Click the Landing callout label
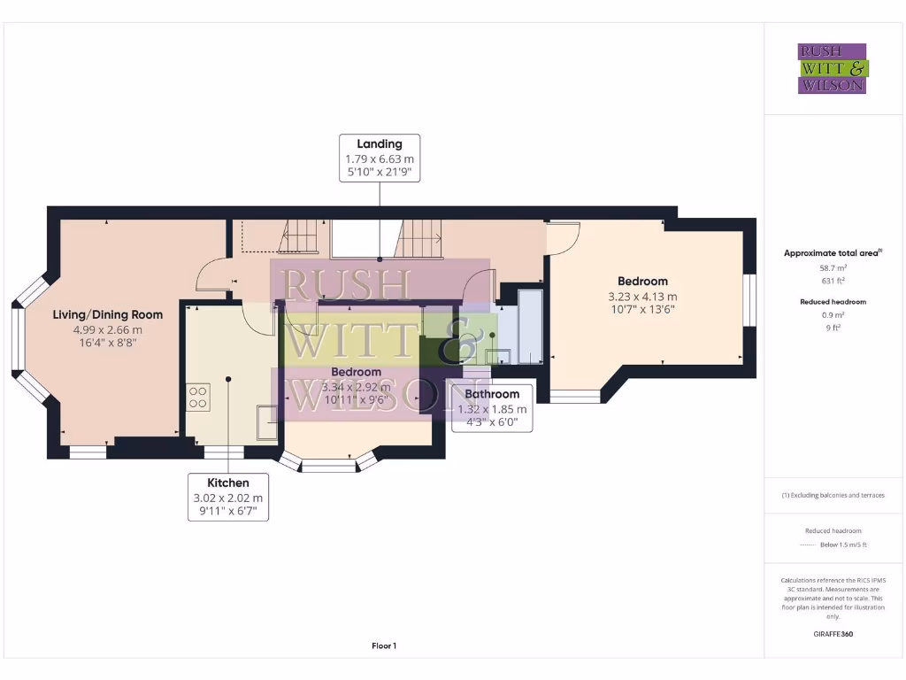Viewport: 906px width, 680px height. click(x=380, y=158)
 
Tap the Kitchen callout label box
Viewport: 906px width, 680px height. click(x=227, y=497)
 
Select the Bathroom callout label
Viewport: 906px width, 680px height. click(x=492, y=408)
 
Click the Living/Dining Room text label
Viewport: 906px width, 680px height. click(x=108, y=314)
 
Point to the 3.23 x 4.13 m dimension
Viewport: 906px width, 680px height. click(x=642, y=297)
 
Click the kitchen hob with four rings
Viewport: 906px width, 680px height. click(x=197, y=397)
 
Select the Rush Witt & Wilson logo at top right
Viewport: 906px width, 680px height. click(x=833, y=69)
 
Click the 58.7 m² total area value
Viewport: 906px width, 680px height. click(x=833, y=267)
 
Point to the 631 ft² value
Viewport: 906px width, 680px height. click(x=833, y=280)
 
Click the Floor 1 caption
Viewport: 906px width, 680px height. click(x=384, y=646)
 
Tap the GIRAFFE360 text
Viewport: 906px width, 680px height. click(x=833, y=634)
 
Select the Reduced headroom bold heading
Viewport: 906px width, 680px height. click(x=833, y=302)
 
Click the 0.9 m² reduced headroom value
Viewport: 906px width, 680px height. click(x=833, y=315)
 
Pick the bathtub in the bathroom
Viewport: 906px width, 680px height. click(x=529, y=324)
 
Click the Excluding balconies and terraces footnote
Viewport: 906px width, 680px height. click(x=833, y=495)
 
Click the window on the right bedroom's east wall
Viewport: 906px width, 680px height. click(x=749, y=300)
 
